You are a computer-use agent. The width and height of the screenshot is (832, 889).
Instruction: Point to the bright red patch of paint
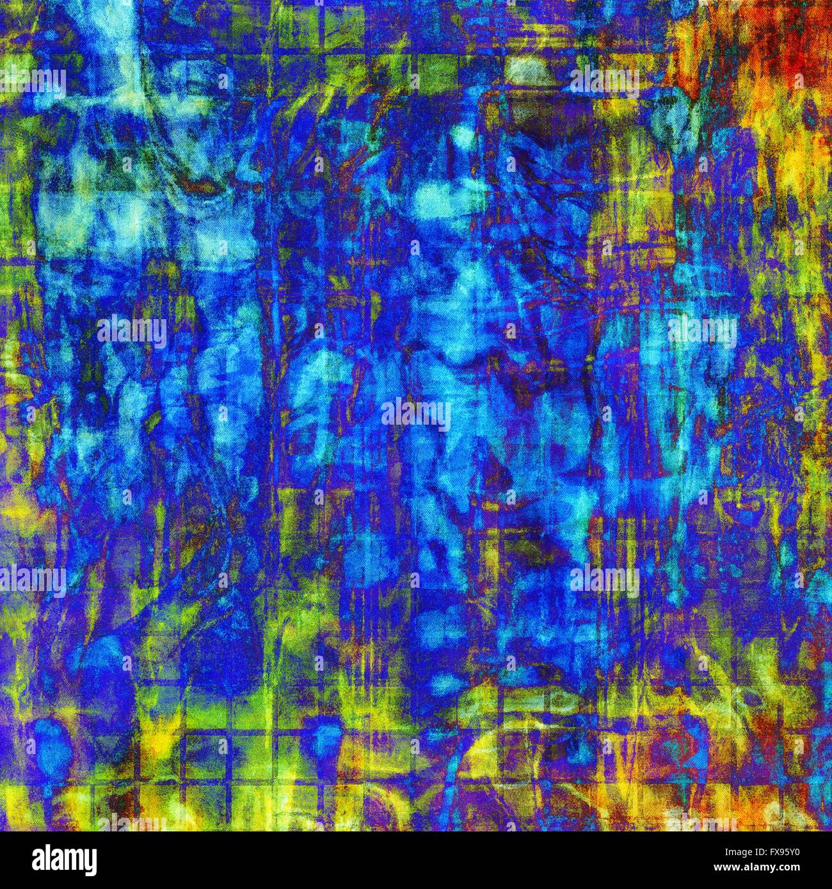click(x=794, y=45)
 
